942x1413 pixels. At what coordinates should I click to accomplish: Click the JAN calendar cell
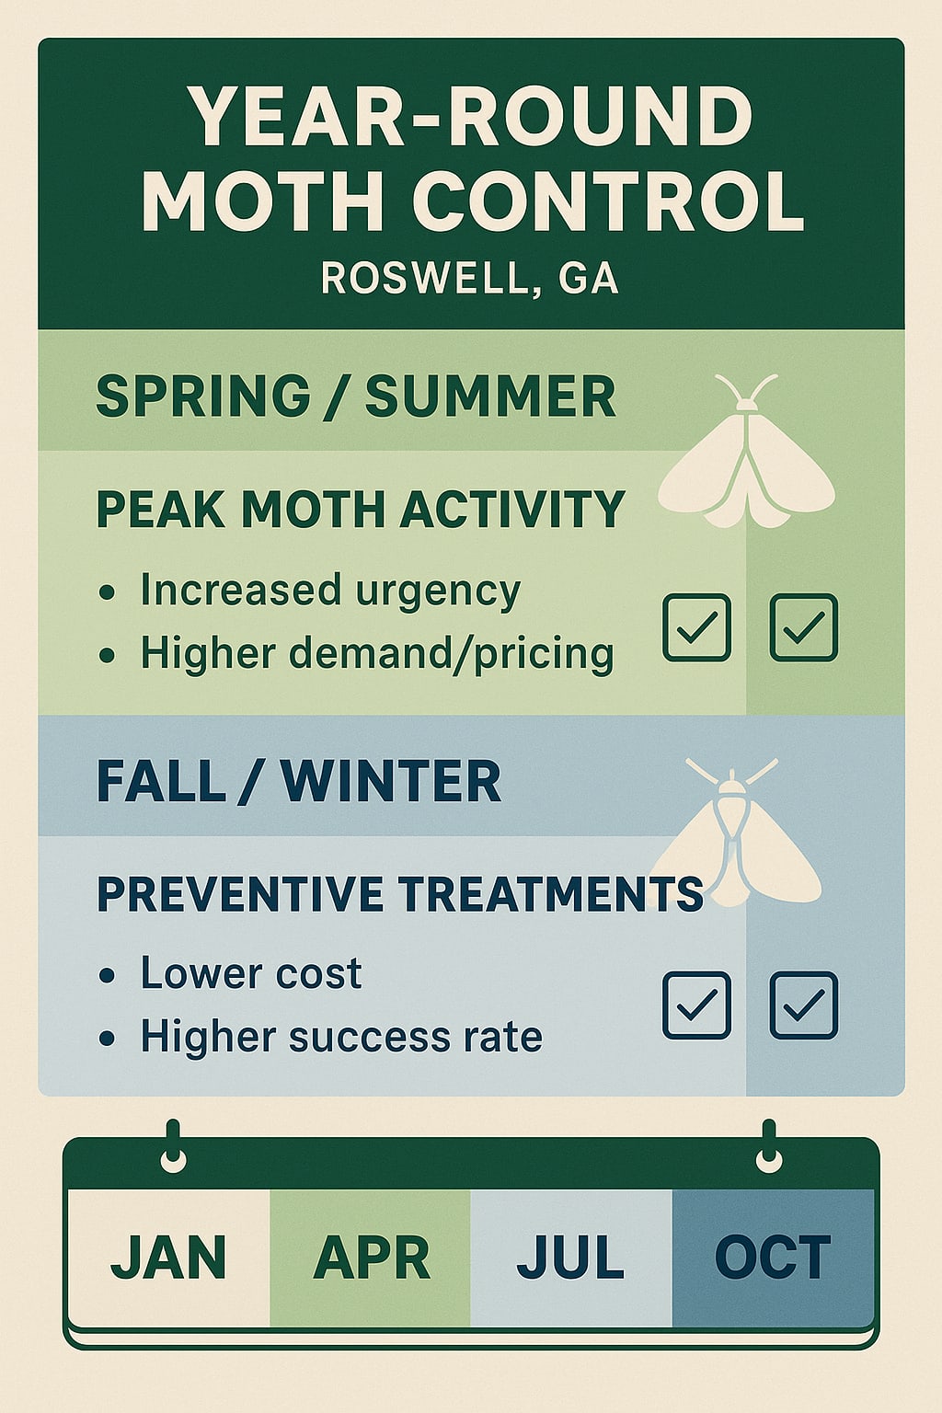pos(168,1258)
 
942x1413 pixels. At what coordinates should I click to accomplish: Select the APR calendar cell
pos(371,1258)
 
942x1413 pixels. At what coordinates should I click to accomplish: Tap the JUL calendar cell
pos(571,1258)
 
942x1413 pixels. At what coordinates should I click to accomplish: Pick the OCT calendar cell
pos(773,1258)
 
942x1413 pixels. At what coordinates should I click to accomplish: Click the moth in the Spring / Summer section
pos(747,460)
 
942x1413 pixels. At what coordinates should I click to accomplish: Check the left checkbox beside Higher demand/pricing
pos(697,627)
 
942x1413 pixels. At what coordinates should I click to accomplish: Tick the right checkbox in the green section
pos(803,627)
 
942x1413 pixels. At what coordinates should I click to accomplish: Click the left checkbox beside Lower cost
pos(697,1005)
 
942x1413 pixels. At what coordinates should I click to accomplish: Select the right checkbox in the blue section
pos(803,1005)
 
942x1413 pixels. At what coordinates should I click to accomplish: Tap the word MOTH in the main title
pos(261,201)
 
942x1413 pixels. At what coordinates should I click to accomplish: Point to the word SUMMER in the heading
pos(490,396)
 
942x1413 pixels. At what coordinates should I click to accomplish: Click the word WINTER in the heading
pos(391,782)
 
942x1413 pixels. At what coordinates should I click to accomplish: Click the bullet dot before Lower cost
pos(108,975)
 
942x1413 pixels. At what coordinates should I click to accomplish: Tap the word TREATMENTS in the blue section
pos(552,894)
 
